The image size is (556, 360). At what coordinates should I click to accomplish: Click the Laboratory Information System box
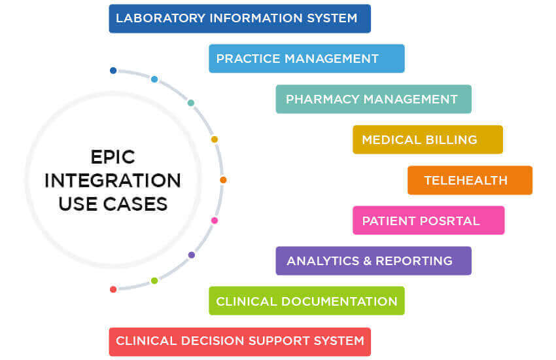[239, 18]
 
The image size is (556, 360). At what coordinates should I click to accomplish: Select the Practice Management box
[306, 58]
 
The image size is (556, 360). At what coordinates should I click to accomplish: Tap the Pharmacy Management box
[373, 99]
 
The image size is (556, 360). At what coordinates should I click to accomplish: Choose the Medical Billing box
[427, 139]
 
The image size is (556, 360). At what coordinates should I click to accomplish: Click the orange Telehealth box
[470, 180]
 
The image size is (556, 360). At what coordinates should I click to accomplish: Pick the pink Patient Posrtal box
[428, 221]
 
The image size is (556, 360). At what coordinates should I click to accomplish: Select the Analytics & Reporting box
[373, 261]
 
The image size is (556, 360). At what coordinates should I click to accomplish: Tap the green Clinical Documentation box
[306, 301]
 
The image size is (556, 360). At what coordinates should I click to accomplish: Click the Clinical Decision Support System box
[239, 341]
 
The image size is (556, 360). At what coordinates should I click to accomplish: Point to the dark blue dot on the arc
[113, 71]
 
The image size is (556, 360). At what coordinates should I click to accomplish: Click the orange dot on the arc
[223, 179]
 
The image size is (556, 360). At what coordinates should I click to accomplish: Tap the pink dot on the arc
[214, 221]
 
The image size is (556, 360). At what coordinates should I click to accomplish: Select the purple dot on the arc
[191, 255]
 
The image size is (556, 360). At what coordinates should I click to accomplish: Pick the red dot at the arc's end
[113, 289]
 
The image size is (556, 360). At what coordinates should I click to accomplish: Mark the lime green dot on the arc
[154, 281]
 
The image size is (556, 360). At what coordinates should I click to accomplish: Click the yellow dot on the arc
[214, 139]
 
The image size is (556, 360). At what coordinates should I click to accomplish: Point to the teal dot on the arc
[191, 103]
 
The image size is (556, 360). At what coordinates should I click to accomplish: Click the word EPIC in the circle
[113, 157]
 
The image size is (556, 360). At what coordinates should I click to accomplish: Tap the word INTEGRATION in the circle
[113, 180]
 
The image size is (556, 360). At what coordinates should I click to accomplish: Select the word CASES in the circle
[137, 204]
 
